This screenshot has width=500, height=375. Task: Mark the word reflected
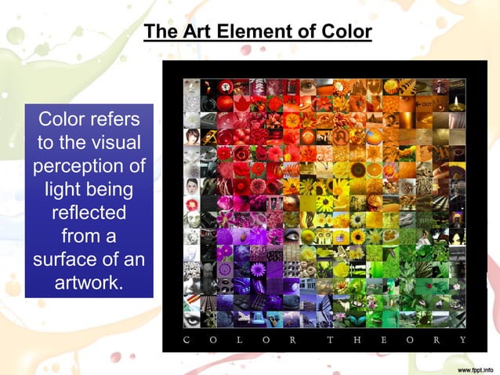[x=89, y=213]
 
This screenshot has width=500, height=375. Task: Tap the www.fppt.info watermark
[x=468, y=367]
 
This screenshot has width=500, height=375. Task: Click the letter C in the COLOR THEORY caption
[x=186, y=340]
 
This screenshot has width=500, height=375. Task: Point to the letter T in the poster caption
[x=330, y=340]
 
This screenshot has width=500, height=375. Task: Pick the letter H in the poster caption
[x=357, y=340]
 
